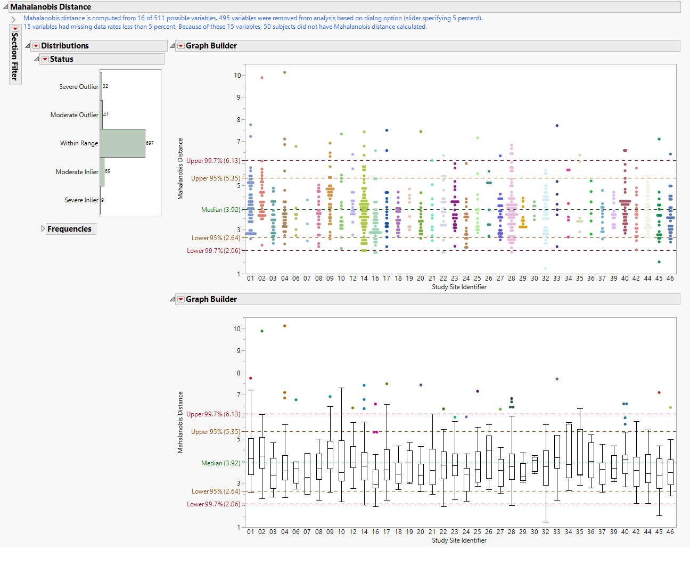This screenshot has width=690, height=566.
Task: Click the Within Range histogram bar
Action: [122, 143]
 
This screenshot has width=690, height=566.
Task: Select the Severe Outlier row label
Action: [78, 87]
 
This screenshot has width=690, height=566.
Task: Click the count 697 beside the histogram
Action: [150, 143]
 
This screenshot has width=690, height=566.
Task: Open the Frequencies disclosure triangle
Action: [43, 228]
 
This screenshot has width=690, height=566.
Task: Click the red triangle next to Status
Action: [45, 59]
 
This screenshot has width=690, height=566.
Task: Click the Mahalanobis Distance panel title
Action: [51, 7]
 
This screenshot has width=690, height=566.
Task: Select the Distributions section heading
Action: [65, 46]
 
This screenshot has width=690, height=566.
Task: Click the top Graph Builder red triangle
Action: [181, 46]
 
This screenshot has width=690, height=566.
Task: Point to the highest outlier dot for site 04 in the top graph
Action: [284, 72]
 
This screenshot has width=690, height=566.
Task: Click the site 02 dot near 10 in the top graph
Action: [262, 78]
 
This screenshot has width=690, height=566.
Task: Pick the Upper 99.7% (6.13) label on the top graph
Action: [213, 161]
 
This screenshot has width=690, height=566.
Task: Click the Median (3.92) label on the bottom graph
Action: [220, 463]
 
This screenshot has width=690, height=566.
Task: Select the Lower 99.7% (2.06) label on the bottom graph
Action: [213, 504]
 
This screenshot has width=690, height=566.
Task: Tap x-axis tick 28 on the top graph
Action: [511, 278]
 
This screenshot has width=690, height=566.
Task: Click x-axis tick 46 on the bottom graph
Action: [670, 532]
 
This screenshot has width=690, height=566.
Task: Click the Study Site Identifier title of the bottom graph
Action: [459, 540]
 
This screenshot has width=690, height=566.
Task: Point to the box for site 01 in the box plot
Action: [251, 456]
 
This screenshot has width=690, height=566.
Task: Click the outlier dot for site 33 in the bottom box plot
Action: [557, 379]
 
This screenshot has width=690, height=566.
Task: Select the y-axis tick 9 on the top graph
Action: [239, 97]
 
